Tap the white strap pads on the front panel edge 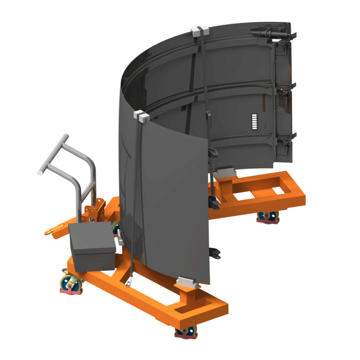pos(141,117)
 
